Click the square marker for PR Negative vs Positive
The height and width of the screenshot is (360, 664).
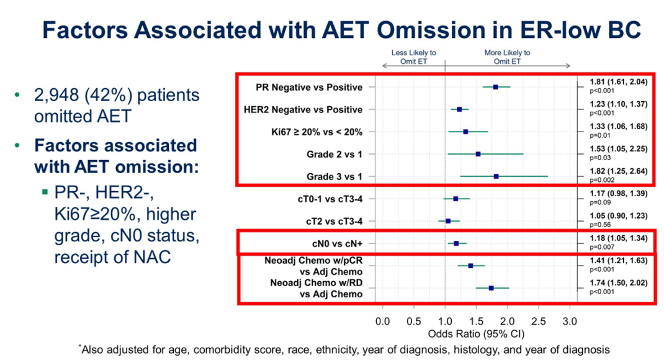[x=495, y=87]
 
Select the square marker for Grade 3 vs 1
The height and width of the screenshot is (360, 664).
[x=496, y=176]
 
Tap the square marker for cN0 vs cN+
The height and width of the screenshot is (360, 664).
[x=456, y=243]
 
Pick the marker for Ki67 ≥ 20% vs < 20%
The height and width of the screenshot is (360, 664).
[x=465, y=132]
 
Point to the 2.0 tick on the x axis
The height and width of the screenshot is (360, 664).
[x=508, y=322]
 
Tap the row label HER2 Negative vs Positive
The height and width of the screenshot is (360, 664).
[x=309, y=110]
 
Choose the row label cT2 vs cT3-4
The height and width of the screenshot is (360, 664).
[x=332, y=221]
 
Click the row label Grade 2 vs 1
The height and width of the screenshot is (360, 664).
[x=336, y=154]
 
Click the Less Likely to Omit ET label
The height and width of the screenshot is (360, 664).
[x=413, y=57]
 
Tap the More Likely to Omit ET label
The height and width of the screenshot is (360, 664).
[x=508, y=57]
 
